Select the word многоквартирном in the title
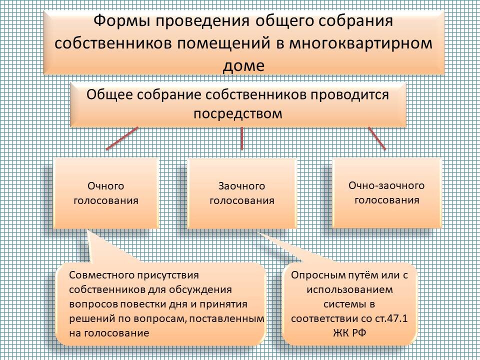360,43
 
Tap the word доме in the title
243,65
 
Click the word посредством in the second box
238,113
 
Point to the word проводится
350,95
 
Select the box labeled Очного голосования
106,193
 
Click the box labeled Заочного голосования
242,193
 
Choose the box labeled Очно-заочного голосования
386,193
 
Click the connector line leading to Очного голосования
122,138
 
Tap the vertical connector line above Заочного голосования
242,138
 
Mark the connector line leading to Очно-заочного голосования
377,138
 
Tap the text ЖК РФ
349,333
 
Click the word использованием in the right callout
349,289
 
